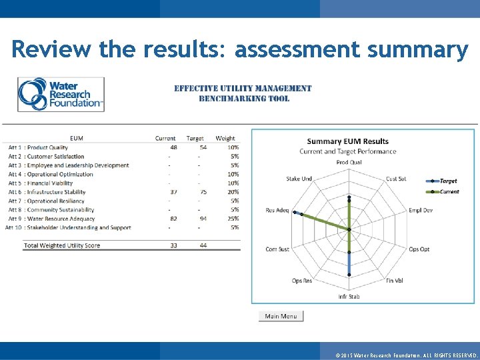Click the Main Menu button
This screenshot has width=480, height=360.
[x=281, y=316]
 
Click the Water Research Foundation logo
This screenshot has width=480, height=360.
[x=61, y=94]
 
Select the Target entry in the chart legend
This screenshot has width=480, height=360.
[x=448, y=181]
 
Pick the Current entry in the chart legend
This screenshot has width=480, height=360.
[x=449, y=191]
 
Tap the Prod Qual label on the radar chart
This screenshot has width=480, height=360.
[x=349, y=162]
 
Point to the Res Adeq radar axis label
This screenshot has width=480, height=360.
[x=277, y=210]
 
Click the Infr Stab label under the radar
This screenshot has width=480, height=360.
[x=349, y=297]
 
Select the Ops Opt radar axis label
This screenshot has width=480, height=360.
[x=419, y=249]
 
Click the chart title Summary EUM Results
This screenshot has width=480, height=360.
[x=347, y=141]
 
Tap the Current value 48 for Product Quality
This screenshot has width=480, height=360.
[x=173, y=147]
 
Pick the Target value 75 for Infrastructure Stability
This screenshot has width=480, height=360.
[x=202, y=192]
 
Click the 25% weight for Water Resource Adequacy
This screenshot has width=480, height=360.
[x=233, y=219]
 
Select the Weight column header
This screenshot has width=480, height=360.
[x=225, y=139]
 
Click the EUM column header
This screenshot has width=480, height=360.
[x=77, y=139]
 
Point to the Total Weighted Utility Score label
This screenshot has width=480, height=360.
[x=62, y=245]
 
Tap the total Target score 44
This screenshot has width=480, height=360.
[x=203, y=245]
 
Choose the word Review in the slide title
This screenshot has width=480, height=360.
[x=51, y=49]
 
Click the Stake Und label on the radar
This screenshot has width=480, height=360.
[x=299, y=179]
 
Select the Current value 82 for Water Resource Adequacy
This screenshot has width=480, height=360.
[x=173, y=219]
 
